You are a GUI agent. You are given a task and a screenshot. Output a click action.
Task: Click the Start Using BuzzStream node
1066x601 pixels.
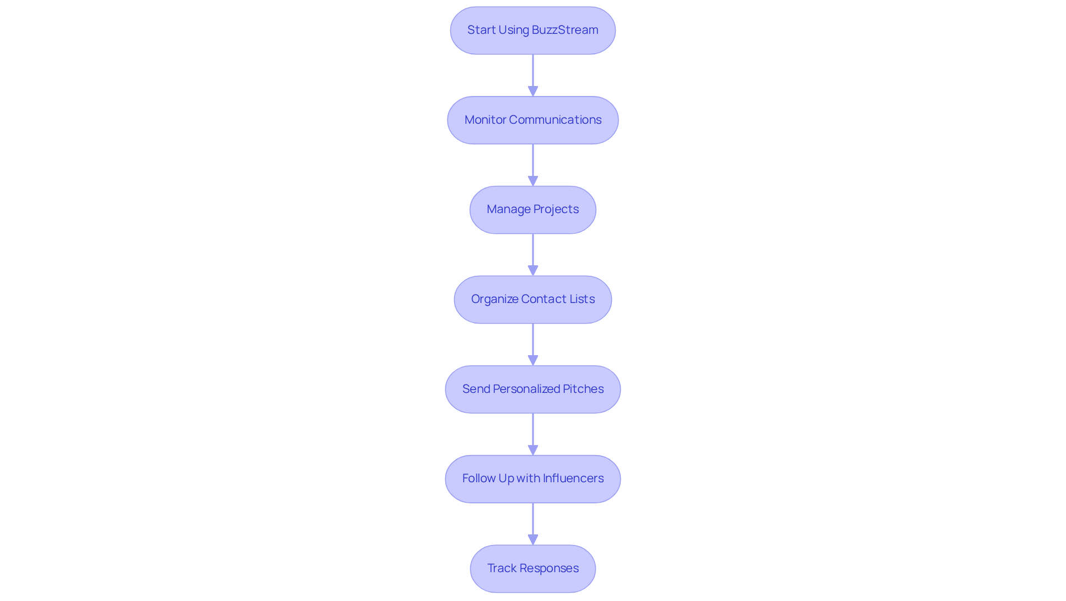click(x=532, y=31)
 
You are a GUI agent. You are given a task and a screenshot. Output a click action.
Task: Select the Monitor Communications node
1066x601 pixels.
click(x=532, y=120)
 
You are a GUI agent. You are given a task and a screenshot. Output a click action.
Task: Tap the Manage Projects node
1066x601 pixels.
click(x=532, y=210)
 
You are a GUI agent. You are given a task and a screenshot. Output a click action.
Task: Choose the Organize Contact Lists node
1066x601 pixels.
click(x=532, y=300)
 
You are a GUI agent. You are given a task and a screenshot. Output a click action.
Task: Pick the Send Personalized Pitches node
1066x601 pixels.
click(x=532, y=389)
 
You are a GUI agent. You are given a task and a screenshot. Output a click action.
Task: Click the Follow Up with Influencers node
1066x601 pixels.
click(x=532, y=479)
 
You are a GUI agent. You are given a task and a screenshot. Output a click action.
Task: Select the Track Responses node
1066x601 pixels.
click(x=532, y=568)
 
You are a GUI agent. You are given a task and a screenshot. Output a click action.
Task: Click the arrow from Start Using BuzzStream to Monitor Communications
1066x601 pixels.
click(x=533, y=75)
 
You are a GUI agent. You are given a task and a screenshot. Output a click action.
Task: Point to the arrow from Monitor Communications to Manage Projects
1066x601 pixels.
click(x=533, y=165)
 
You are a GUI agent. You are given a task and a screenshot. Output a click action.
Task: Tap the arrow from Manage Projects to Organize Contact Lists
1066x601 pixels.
click(x=533, y=255)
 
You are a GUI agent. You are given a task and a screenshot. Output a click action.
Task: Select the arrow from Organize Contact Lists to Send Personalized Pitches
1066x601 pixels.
click(x=533, y=344)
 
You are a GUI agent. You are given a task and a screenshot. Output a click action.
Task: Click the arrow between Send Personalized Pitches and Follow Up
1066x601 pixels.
click(x=533, y=434)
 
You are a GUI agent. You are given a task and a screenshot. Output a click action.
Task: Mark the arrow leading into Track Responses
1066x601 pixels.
click(x=533, y=523)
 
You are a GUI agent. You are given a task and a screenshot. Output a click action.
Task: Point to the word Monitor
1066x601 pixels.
click(x=485, y=120)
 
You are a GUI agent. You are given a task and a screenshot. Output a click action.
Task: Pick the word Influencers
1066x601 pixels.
click(x=573, y=478)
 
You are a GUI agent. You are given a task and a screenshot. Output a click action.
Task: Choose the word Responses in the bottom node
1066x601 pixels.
click(x=549, y=568)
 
